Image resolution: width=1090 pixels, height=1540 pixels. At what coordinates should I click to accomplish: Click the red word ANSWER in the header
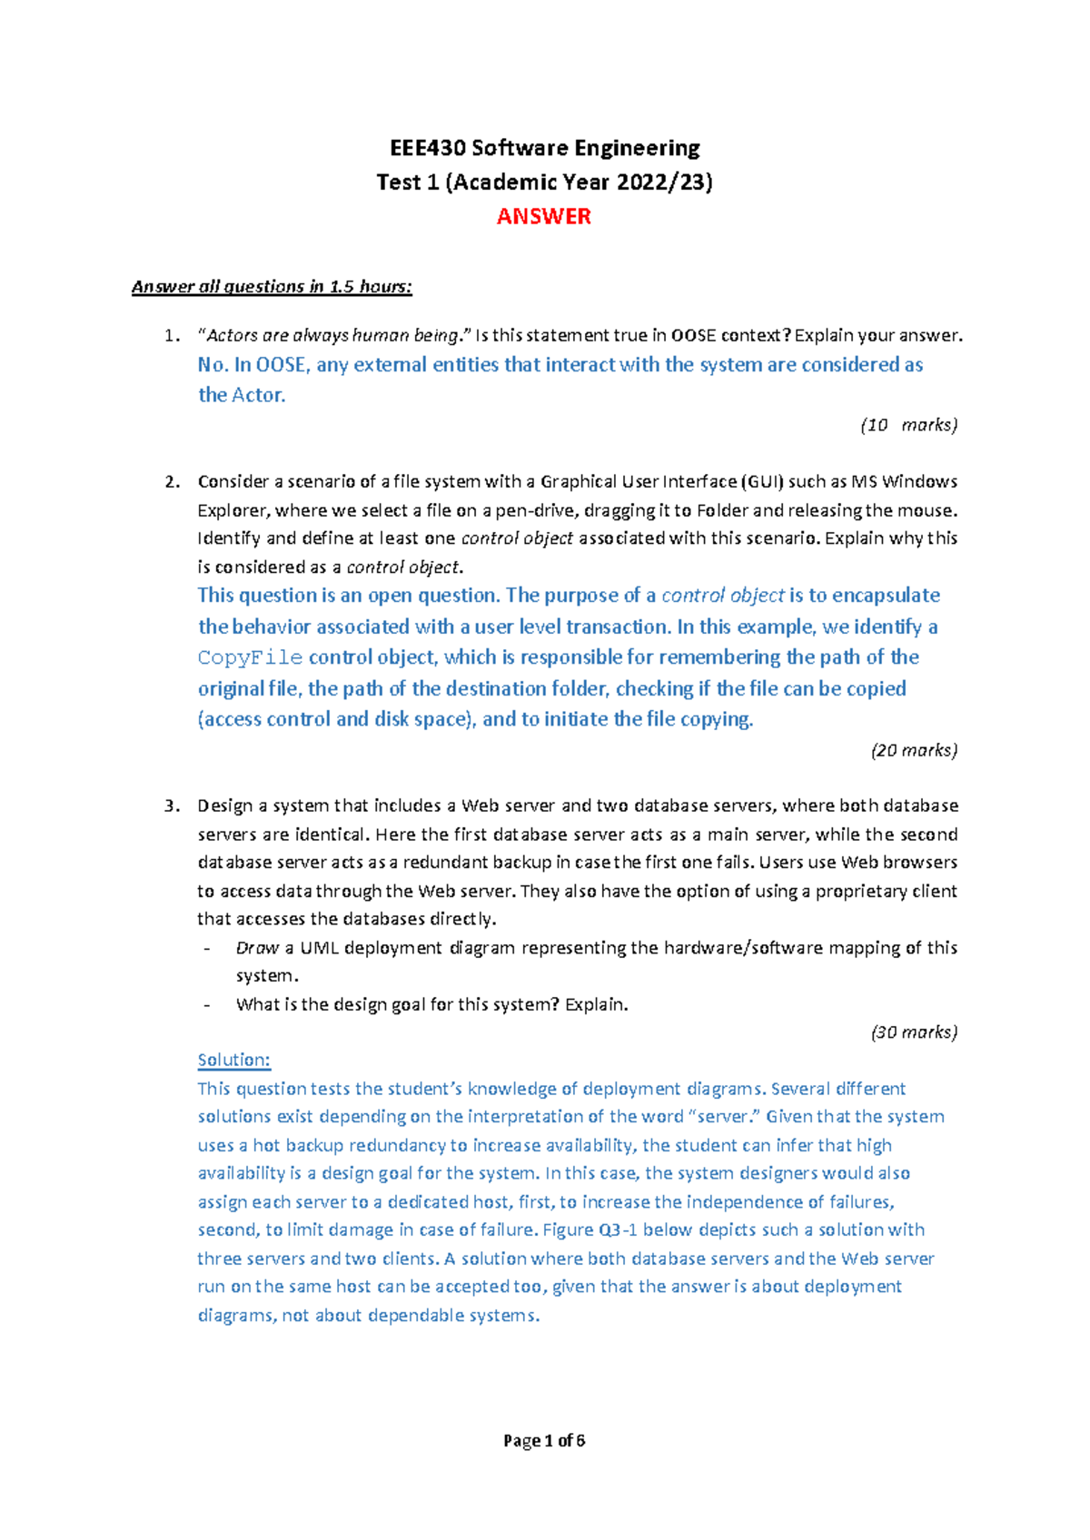(543, 216)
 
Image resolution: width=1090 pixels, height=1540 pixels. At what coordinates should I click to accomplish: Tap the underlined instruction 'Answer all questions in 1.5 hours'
(272, 287)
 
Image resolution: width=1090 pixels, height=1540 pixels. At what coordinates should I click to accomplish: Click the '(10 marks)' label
(908, 425)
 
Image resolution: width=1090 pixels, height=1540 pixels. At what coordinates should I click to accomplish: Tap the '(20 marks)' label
(914, 750)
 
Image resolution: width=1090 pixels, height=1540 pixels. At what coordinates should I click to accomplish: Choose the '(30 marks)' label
(914, 1032)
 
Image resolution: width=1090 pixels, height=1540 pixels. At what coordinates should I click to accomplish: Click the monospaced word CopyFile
(250, 658)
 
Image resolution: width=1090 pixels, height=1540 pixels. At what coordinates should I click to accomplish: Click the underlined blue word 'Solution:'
(233, 1060)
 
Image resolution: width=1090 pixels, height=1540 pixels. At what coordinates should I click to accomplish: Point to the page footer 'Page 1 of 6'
(544, 1441)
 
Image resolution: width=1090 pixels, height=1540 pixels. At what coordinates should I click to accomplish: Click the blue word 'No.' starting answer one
(213, 365)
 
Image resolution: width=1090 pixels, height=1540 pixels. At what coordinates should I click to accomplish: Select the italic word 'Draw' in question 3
(257, 948)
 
